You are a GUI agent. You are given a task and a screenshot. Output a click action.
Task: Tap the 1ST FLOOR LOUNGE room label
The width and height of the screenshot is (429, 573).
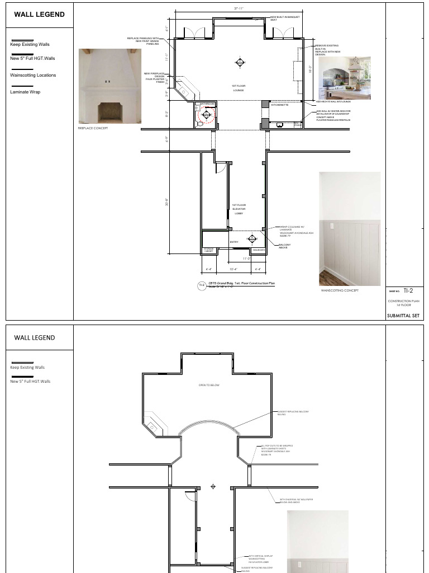coord(239,88)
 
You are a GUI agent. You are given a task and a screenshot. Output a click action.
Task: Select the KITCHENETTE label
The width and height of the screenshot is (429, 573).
coord(280,105)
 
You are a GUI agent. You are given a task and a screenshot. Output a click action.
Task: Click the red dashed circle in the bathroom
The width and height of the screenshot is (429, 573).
coord(206,115)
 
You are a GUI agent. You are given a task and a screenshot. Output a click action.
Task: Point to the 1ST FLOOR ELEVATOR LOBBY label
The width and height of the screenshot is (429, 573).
coord(239,209)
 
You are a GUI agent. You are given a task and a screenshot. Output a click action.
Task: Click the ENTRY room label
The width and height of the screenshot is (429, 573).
coord(234,242)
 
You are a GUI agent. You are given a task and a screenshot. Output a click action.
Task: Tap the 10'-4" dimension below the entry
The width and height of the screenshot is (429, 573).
coord(233,269)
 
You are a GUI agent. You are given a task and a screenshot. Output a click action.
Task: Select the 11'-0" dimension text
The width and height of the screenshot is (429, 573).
coord(246,259)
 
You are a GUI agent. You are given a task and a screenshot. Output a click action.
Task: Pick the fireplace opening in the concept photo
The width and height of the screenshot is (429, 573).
coord(108,112)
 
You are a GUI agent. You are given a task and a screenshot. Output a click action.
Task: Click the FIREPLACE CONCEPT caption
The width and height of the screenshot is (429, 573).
coord(93,128)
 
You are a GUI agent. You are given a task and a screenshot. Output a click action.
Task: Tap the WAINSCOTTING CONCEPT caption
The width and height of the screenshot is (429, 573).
coord(340,290)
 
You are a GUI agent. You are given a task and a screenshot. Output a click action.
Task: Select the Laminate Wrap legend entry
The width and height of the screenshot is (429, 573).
coord(25,92)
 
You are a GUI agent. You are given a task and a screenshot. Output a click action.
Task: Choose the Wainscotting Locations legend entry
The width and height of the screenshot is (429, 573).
coord(33,75)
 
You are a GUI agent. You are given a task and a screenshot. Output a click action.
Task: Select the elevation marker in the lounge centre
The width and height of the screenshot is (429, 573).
coord(240,62)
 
